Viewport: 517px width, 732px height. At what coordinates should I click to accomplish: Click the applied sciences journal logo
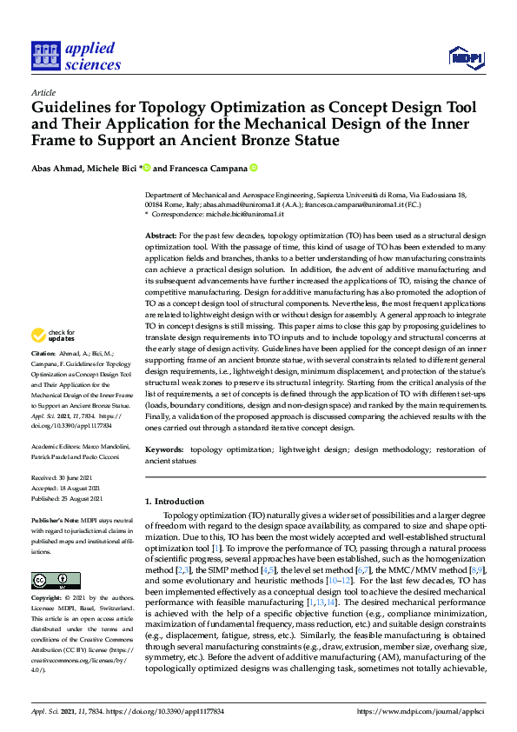(x=76, y=56)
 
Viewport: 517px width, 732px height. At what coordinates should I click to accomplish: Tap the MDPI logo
(x=466, y=58)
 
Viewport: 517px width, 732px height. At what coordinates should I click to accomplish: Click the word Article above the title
(x=43, y=92)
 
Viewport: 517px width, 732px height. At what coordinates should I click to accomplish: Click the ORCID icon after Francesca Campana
(x=254, y=168)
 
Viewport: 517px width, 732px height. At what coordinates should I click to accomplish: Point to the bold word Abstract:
(x=162, y=236)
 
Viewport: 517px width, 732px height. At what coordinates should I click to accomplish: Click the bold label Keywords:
(x=165, y=450)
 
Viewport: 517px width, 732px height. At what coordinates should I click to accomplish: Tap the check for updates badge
(x=54, y=334)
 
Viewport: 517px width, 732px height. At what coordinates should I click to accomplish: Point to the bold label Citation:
(x=43, y=355)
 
